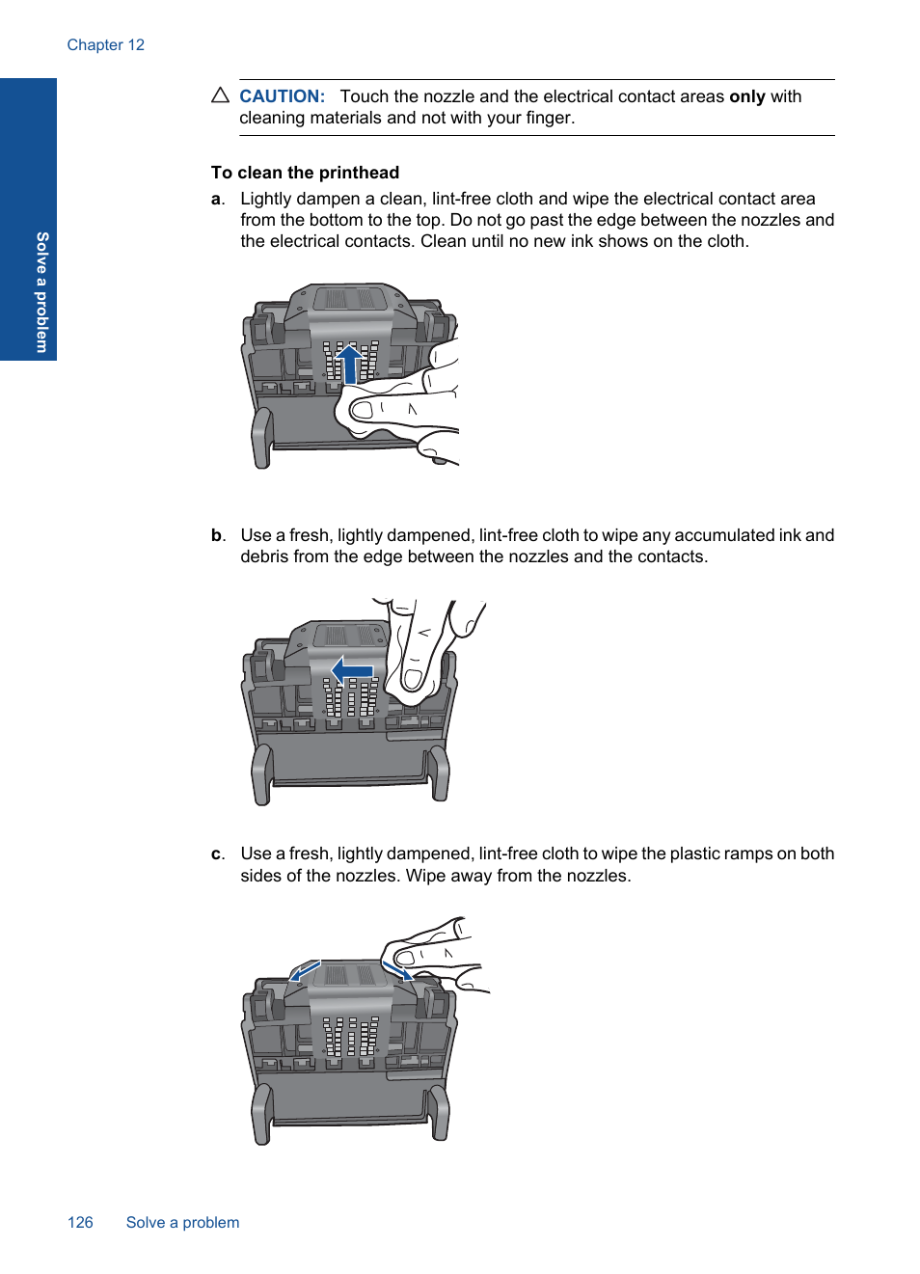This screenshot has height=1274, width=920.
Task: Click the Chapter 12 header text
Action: [105, 45]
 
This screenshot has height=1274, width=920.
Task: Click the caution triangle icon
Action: [220, 95]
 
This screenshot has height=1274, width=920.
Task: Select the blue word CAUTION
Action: [282, 96]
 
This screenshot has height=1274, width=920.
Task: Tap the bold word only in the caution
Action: [746, 96]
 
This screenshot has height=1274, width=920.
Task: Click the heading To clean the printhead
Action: [305, 173]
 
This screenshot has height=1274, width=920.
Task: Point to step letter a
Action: [216, 199]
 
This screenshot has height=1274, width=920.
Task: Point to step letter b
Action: [217, 535]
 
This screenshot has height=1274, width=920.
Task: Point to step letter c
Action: [216, 854]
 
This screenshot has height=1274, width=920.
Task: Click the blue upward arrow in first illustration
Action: [349, 363]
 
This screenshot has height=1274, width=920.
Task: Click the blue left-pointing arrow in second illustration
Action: [352, 669]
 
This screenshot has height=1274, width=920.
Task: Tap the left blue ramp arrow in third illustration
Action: [305, 970]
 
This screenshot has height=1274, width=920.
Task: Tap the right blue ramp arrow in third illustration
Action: [398, 969]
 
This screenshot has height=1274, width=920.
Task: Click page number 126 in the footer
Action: [80, 1223]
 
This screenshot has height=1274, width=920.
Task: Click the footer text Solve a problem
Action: [182, 1223]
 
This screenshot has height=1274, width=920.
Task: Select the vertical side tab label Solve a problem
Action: [42, 291]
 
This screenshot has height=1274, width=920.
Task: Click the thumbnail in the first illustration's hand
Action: [362, 410]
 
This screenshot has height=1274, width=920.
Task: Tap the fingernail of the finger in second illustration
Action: [413, 679]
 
